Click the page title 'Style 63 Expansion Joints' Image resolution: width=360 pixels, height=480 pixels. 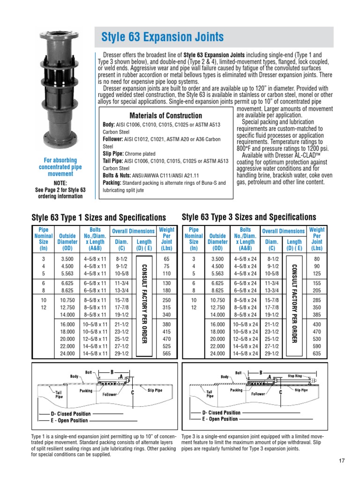(163, 37)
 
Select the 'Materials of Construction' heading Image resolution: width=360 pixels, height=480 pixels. (165, 115)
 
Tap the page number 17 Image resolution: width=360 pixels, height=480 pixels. (341, 460)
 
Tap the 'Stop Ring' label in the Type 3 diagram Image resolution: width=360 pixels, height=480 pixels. (295, 375)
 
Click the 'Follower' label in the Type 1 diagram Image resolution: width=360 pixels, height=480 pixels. (110, 395)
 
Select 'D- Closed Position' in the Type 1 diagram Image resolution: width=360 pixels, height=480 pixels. (71, 414)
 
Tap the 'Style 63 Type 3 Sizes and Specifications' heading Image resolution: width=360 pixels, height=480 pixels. (248, 217)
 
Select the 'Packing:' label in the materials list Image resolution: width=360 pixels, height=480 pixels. (112, 183)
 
